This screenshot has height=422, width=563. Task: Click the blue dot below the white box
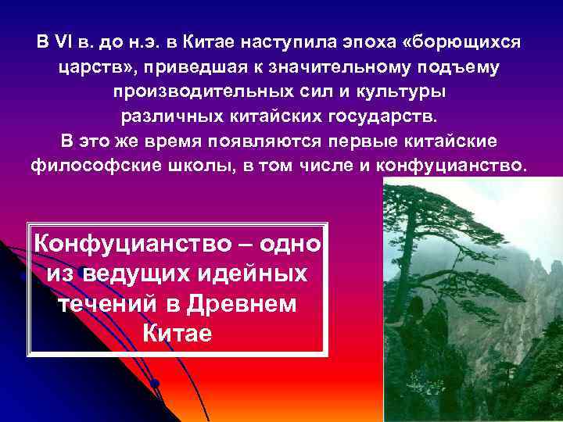tap(155, 384)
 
